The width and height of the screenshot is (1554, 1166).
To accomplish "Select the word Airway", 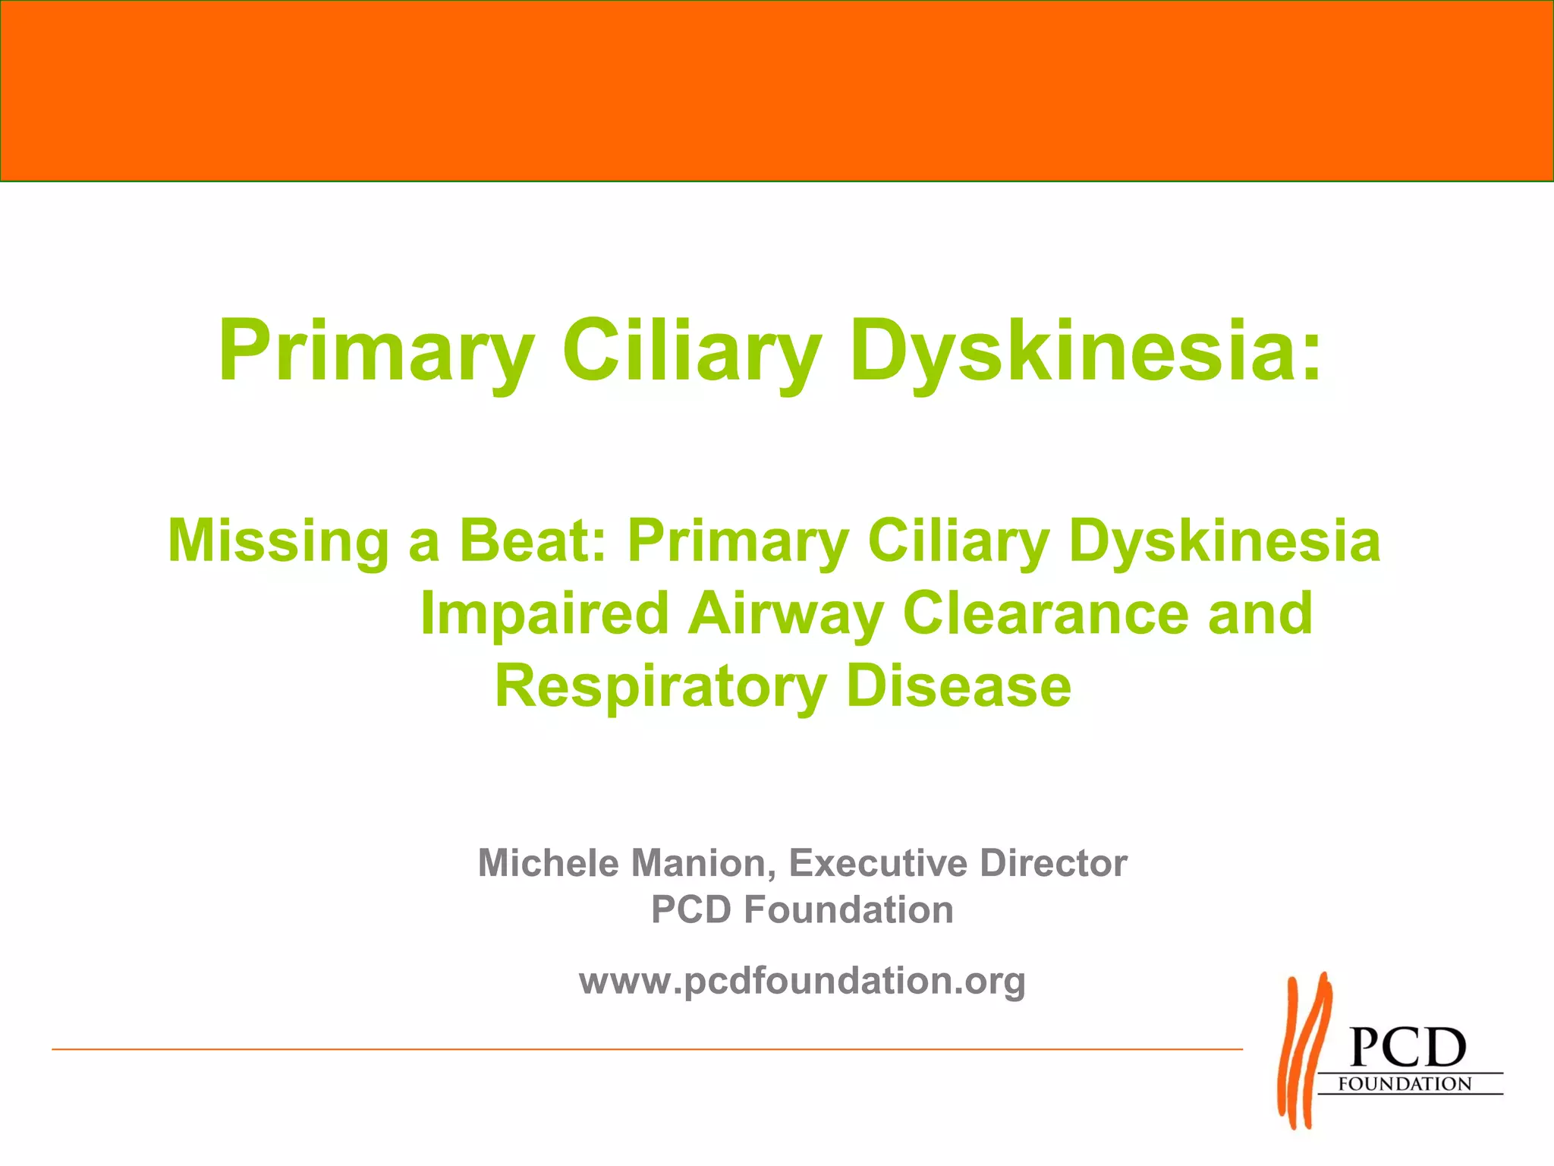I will tap(785, 613).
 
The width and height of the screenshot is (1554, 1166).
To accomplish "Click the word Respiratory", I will tap(660, 686).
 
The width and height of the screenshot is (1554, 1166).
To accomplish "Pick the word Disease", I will tap(958, 686).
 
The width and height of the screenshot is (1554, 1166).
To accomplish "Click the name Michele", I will tap(548, 863).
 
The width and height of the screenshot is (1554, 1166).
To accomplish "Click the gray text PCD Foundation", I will tap(802, 909).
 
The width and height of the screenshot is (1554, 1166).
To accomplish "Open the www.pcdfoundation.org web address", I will tap(802, 982).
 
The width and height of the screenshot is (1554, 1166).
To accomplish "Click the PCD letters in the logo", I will tap(1408, 1048).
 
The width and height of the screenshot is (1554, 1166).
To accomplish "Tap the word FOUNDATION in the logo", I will tap(1405, 1084).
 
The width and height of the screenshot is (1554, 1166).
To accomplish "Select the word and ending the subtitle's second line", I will tap(1260, 613).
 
